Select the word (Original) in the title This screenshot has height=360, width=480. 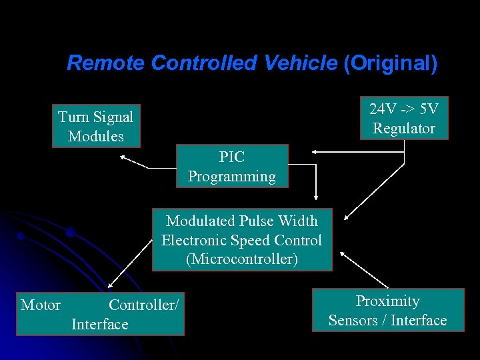pos(390,63)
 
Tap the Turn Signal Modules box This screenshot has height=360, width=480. pos(96,126)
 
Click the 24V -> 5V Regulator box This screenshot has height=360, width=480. pos(404,119)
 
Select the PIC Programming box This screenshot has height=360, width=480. pos(232,167)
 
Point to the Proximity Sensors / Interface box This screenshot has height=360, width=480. pos(387,311)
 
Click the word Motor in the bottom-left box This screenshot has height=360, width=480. pos(41,305)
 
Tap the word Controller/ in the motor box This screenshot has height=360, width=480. pos(143,305)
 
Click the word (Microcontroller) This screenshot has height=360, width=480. pos(242,259)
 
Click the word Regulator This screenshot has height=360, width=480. pos(404,129)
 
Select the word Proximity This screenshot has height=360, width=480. pos(387,301)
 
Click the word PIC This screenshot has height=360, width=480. pos(232,157)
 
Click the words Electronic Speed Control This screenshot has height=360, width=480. pos(241,240)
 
